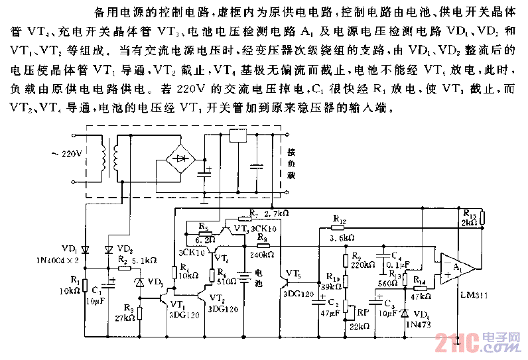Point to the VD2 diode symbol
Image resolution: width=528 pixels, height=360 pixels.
107,249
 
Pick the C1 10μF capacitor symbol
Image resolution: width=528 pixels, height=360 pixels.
107,286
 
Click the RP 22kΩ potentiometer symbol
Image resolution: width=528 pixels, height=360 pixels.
346,309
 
